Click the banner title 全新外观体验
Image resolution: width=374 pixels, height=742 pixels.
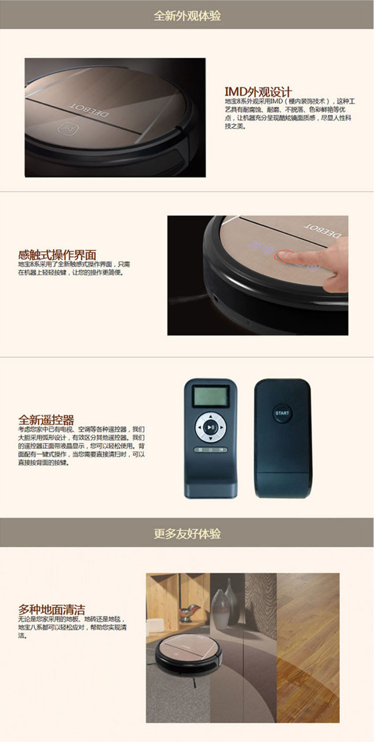(x=187, y=16)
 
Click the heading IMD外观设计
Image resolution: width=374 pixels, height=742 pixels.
(x=258, y=92)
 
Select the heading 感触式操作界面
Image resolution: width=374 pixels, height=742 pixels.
(x=57, y=255)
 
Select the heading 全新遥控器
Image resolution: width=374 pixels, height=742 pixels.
(x=46, y=420)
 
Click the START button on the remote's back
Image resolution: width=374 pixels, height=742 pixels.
(x=282, y=413)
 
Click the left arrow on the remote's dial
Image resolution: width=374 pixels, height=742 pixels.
(x=199, y=428)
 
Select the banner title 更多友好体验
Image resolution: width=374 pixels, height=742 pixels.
(x=187, y=534)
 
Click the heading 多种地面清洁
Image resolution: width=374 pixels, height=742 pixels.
(x=52, y=609)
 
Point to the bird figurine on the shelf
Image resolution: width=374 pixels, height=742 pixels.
(x=190, y=609)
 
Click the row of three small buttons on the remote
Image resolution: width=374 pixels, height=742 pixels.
(x=211, y=450)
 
